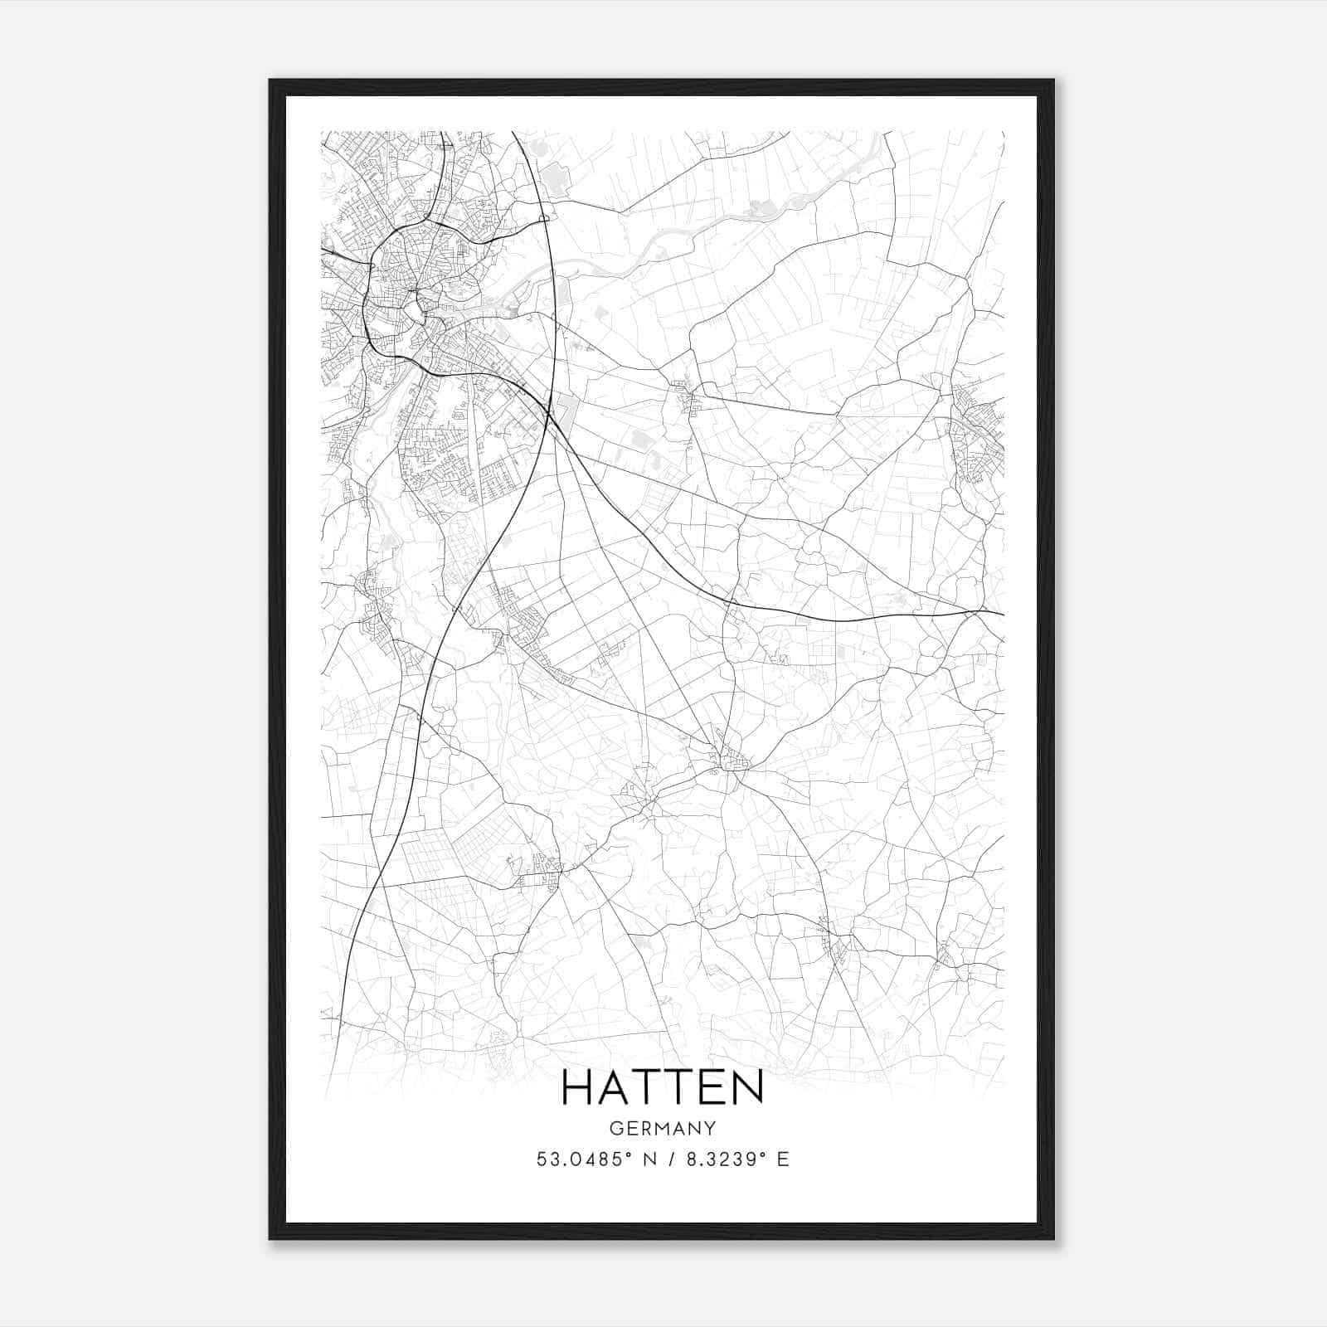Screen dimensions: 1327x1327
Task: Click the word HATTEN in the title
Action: pos(663,1087)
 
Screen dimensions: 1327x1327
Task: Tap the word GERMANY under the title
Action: pos(663,1128)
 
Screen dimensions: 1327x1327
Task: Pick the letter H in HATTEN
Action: pos(578,1087)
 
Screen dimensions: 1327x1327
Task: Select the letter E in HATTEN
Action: pos(712,1087)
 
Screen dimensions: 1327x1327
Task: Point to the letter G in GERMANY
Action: pos(615,1128)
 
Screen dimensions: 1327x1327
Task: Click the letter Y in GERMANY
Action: pos(711,1128)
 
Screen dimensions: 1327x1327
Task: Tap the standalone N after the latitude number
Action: pos(650,1159)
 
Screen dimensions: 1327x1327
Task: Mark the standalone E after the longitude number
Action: pos(783,1159)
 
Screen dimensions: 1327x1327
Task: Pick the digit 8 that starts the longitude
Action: pos(689,1159)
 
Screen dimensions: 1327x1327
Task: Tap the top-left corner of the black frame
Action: pos(270,80)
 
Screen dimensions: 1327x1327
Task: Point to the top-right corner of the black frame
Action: pos(1053,80)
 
